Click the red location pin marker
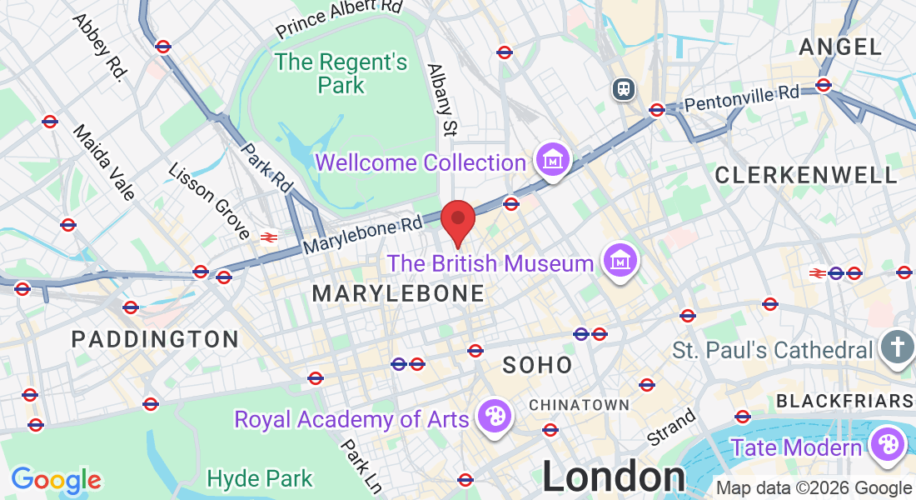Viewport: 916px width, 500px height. [457, 220]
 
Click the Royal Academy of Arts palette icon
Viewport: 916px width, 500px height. [494, 416]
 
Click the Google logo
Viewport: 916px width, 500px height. [56, 480]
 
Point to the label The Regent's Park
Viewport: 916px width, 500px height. [341, 73]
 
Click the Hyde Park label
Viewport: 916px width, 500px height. [260, 478]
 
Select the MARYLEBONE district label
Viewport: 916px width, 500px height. [398, 293]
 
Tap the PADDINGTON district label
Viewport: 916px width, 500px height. [155, 339]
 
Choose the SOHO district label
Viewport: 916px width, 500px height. [537, 365]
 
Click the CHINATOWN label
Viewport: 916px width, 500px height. [579, 405]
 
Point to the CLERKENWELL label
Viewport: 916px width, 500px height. [806, 175]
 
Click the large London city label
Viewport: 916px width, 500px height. [615, 477]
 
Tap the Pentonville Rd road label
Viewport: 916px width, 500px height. [740, 97]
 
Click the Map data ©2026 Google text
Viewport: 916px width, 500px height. [814, 488]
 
